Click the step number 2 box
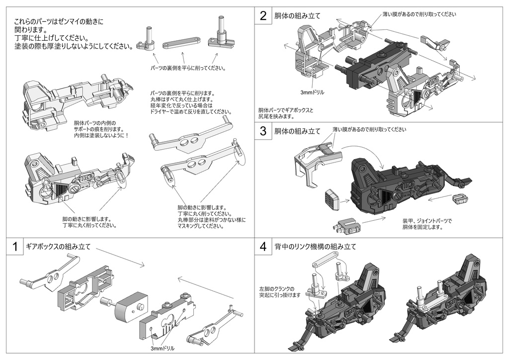click(x=263, y=15)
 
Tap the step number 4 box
click(x=263, y=247)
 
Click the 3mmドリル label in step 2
click(x=313, y=92)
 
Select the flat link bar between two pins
click(x=181, y=43)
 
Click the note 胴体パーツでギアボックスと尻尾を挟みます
click(x=285, y=113)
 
